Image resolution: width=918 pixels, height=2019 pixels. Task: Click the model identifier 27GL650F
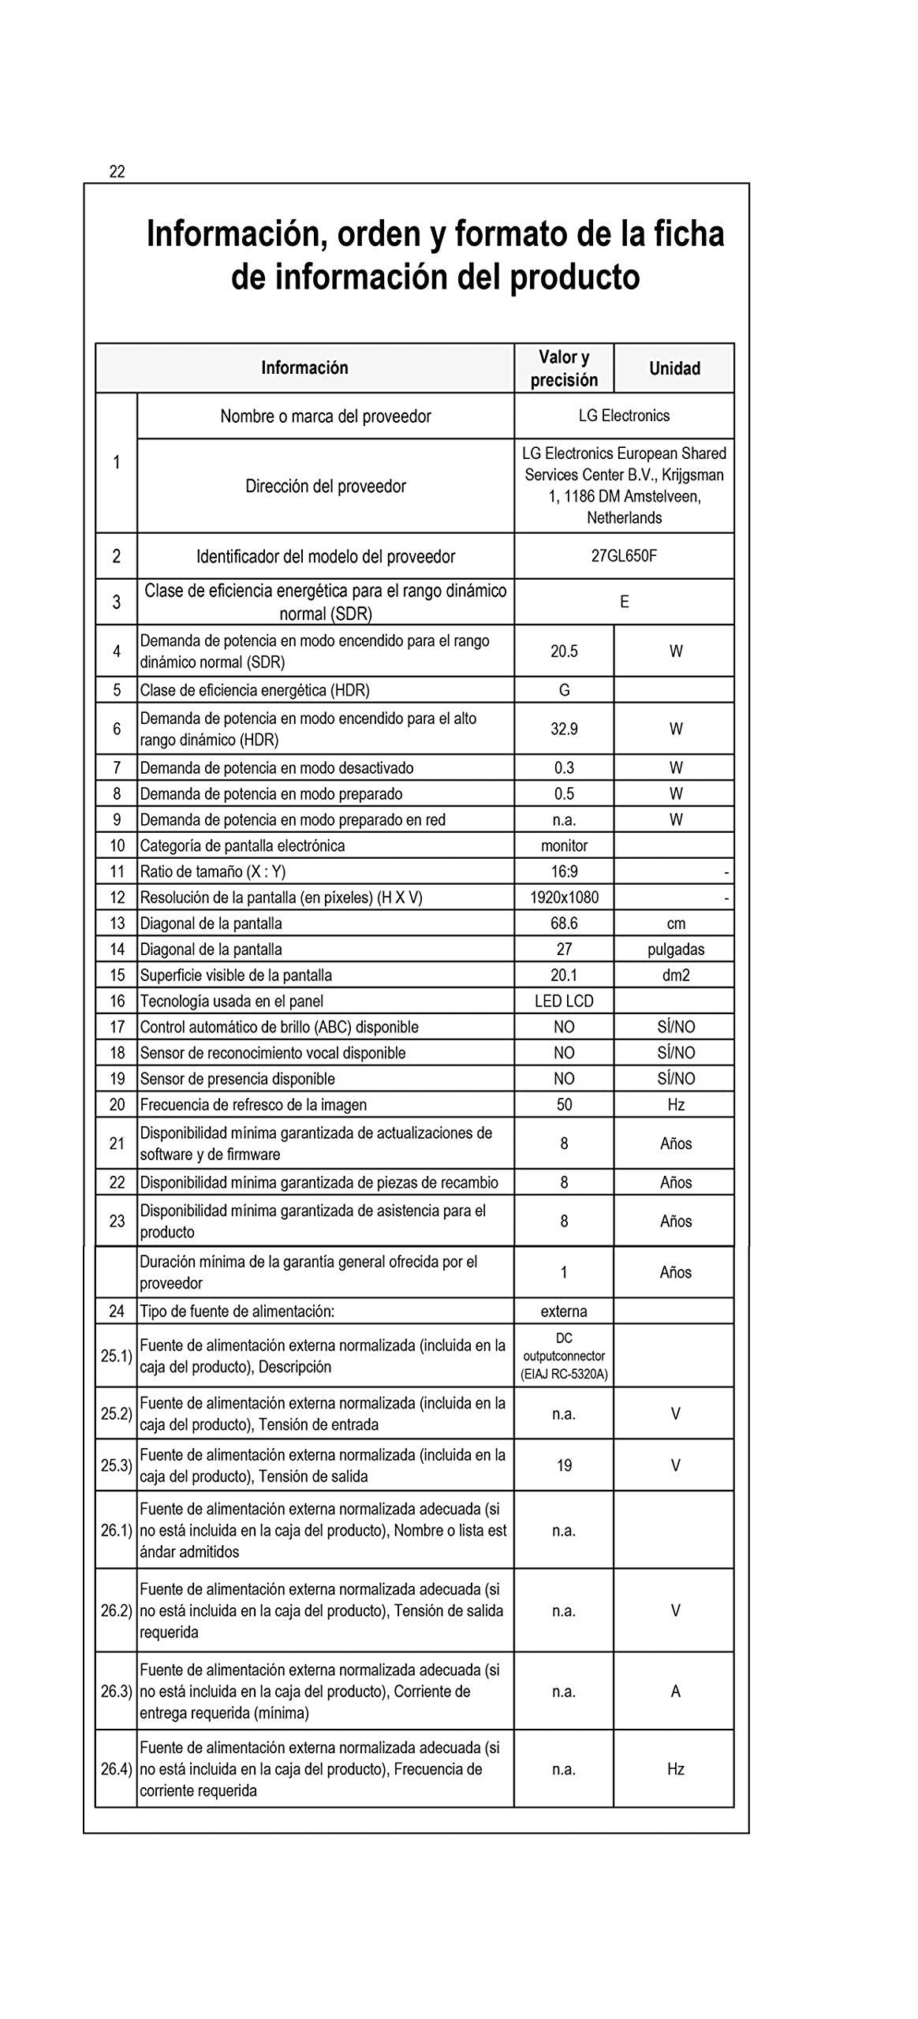(x=624, y=556)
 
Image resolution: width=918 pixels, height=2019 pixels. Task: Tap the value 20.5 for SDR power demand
(x=564, y=651)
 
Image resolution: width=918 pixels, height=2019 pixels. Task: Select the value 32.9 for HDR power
(x=564, y=730)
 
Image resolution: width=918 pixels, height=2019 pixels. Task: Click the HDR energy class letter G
(x=564, y=690)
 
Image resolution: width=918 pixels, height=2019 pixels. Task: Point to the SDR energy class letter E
(x=624, y=603)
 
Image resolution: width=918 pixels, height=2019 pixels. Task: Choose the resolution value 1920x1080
(x=564, y=898)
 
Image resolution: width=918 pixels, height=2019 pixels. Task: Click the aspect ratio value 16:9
(x=564, y=871)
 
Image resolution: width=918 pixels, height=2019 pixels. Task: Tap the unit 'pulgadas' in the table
(x=676, y=950)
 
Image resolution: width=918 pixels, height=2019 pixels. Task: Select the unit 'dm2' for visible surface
(x=676, y=976)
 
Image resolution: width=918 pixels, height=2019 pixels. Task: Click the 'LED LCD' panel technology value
(x=564, y=1002)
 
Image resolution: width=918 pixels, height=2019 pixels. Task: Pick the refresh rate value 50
(x=564, y=1105)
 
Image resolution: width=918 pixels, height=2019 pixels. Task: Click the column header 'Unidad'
(x=674, y=368)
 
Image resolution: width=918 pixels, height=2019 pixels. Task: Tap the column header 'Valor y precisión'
(x=564, y=368)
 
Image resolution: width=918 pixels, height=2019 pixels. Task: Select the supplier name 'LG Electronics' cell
(x=624, y=416)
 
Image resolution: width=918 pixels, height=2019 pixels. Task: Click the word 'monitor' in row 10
(x=564, y=845)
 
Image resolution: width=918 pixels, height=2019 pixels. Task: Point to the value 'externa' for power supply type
(x=564, y=1312)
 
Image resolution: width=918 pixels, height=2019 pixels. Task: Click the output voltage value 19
(x=564, y=1465)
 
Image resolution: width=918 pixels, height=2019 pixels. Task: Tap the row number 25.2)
(x=116, y=1413)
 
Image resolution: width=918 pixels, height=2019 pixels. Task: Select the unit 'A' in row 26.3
(x=676, y=1691)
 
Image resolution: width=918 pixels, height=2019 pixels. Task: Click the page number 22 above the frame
(x=117, y=172)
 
